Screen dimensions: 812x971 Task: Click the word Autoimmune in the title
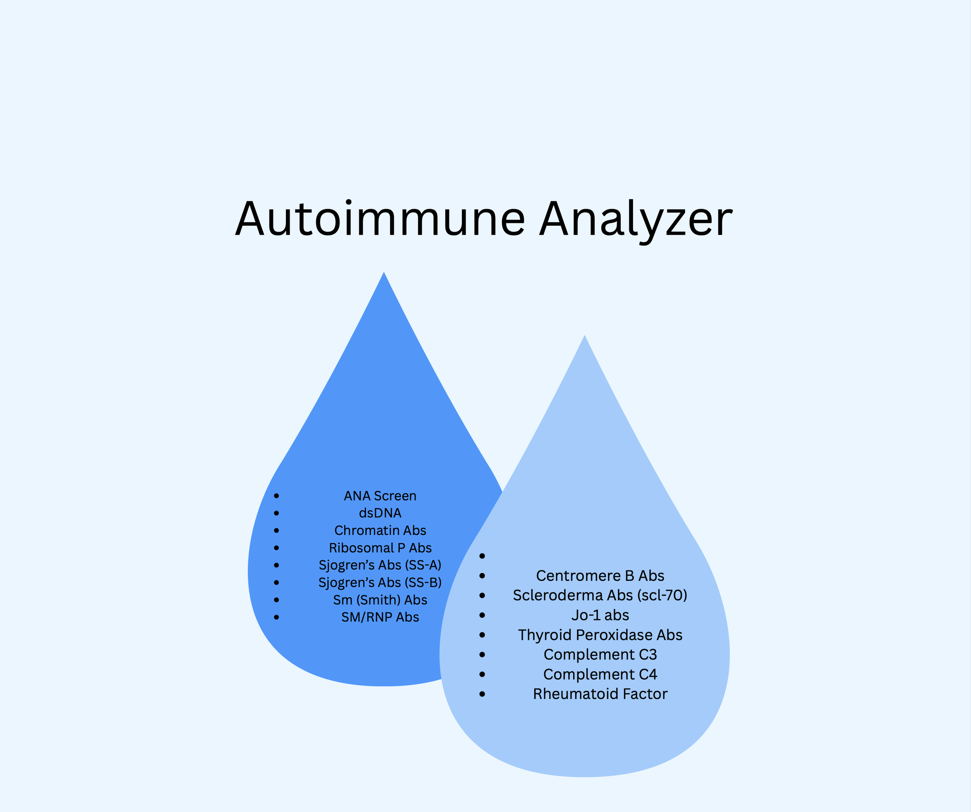[380, 219]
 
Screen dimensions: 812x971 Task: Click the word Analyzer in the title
[636, 219]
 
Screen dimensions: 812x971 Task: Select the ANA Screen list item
[380, 496]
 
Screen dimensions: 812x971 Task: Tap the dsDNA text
[380, 513]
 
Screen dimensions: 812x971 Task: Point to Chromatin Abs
[380, 530]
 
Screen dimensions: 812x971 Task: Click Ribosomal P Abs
[380, 548]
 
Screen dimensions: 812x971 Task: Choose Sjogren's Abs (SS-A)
[380, 565]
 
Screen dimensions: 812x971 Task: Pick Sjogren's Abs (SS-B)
[380, 583]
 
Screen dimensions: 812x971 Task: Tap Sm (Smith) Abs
[380, 600]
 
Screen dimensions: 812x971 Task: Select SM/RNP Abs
[380, 617]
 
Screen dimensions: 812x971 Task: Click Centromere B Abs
[600, 576]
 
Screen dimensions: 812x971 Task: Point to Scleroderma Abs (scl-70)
[600, 595]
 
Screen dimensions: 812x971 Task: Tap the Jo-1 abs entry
[600, 615]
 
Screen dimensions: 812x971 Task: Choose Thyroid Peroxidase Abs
[600, 635]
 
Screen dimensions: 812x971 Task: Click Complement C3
[600, 654]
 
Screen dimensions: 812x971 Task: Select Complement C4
[600, 674]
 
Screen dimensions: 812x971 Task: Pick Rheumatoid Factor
[600, 694]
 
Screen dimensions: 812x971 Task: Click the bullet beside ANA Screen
[277, 496]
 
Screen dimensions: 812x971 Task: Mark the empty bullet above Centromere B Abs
[482, 556]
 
